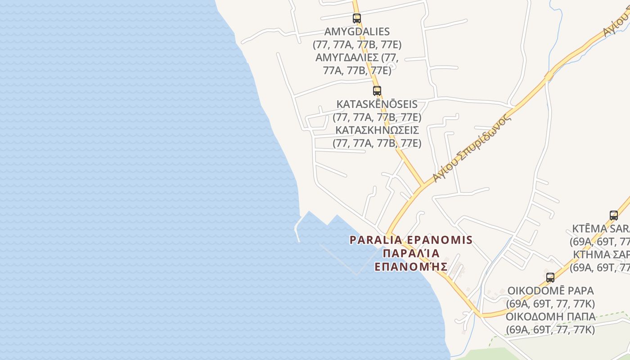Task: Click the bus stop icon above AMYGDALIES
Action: tap(357, 18)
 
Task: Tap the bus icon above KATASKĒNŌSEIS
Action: tap(377, 91)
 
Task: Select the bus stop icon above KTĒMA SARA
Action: tap(614, 215)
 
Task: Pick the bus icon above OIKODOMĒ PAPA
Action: tap(550, 277)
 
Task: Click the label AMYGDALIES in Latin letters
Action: tap(357, 32)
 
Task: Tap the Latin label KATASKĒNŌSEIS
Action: tap(377, 104)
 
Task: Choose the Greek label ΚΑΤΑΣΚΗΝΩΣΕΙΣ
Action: tap(377, 130)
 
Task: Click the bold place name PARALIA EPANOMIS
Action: tap(411, 240)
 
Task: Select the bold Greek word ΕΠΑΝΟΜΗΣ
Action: tap(411, 266)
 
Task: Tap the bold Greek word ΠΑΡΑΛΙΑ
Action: tap(411, 253)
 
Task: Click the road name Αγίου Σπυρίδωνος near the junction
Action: tap(472, 149)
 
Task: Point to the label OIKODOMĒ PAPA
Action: tap(550, 291)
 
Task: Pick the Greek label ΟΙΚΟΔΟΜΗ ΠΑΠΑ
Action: tap(550, 317)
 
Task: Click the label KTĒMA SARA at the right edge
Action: tap(601, 228)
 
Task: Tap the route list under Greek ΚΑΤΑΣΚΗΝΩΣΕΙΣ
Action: tap(377, 144)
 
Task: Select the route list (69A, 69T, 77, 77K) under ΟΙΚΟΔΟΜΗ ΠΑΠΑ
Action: tap(550, 330)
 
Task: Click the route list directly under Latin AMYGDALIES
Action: tap(357, 45)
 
